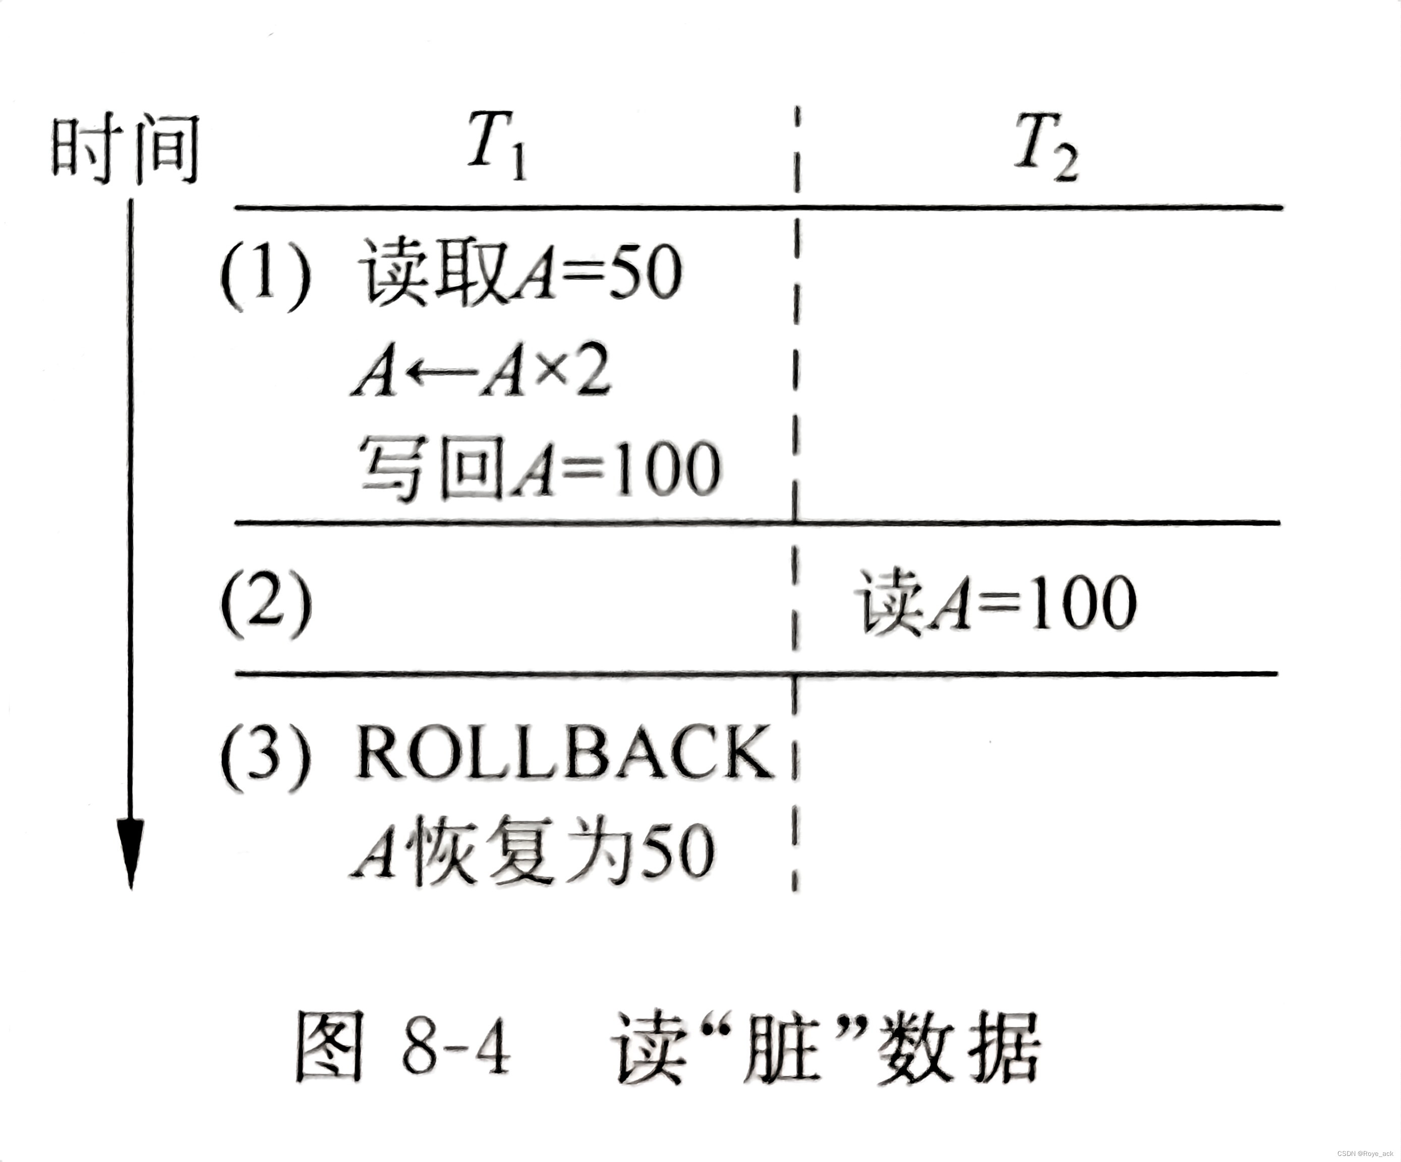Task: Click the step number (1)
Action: click(265, 275)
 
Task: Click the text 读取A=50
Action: click(520, 273)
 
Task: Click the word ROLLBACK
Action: click(564, 752)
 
